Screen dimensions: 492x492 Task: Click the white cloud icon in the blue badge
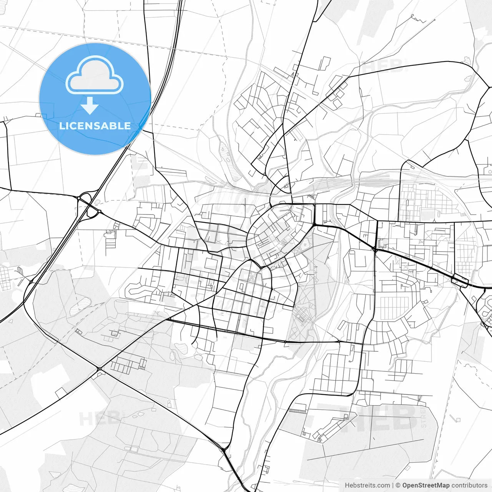[x=95, y=75]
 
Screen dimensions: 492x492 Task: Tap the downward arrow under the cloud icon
[x=90, y=106]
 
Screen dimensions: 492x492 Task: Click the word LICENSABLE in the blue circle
[x=95, y=126]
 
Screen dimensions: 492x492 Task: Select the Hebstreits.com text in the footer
[x=367, y=485]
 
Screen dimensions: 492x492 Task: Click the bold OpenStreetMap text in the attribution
[x=426, y=485]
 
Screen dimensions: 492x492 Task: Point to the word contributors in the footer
[x=469, y=485]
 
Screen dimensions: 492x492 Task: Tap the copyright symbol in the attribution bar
[x=398, y=485]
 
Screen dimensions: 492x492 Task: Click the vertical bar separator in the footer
[x=393, y=485]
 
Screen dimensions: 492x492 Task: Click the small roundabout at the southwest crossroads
[x=100, y=369]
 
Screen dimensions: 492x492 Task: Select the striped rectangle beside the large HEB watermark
[x=297, y=411]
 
